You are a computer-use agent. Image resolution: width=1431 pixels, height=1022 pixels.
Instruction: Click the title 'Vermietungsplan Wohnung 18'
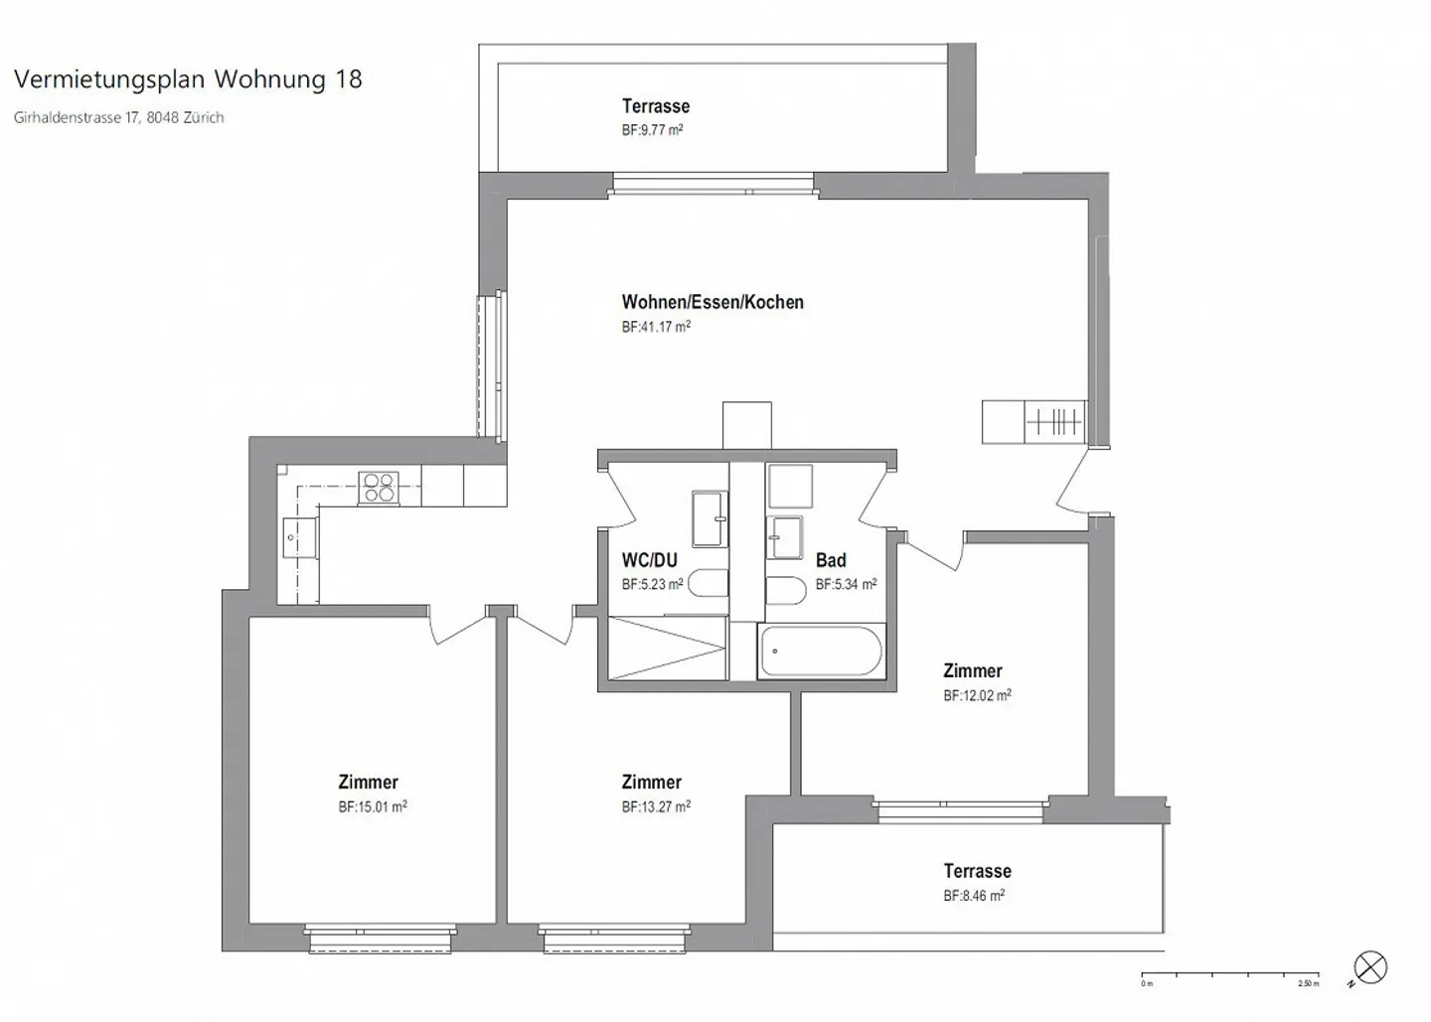pos(188,79)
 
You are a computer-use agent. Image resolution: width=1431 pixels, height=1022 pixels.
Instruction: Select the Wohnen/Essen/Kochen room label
pos(713,302)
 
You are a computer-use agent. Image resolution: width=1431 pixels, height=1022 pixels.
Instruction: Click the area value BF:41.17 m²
pos(656,327)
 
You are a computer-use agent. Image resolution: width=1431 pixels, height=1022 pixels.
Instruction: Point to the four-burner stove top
pos(379,488)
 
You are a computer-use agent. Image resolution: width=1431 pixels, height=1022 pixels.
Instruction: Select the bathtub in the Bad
pos(821,653)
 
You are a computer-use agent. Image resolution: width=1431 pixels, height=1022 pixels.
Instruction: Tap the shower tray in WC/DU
pos(667,649)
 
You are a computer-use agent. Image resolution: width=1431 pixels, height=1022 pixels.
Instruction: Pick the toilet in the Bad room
pos(785,590)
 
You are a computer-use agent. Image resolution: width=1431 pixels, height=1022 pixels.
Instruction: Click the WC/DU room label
pos(649,560)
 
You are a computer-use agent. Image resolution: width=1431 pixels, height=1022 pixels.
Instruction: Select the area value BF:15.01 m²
pos(373,807)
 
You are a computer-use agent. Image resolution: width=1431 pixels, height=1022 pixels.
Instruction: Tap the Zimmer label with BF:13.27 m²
pos(651,783)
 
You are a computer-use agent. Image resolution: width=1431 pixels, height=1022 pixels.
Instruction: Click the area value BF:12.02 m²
pos(977,696)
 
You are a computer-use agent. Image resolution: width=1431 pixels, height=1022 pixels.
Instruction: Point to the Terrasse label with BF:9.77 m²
pos(656,106)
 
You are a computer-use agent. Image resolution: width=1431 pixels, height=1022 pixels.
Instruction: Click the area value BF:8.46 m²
pos(974,896)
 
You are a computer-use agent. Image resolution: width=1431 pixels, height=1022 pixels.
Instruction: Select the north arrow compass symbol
pos(1370,967)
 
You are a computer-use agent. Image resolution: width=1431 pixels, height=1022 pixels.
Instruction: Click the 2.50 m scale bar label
pos(1308,984)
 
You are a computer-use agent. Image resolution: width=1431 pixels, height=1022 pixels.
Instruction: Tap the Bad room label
pos(831,561)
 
